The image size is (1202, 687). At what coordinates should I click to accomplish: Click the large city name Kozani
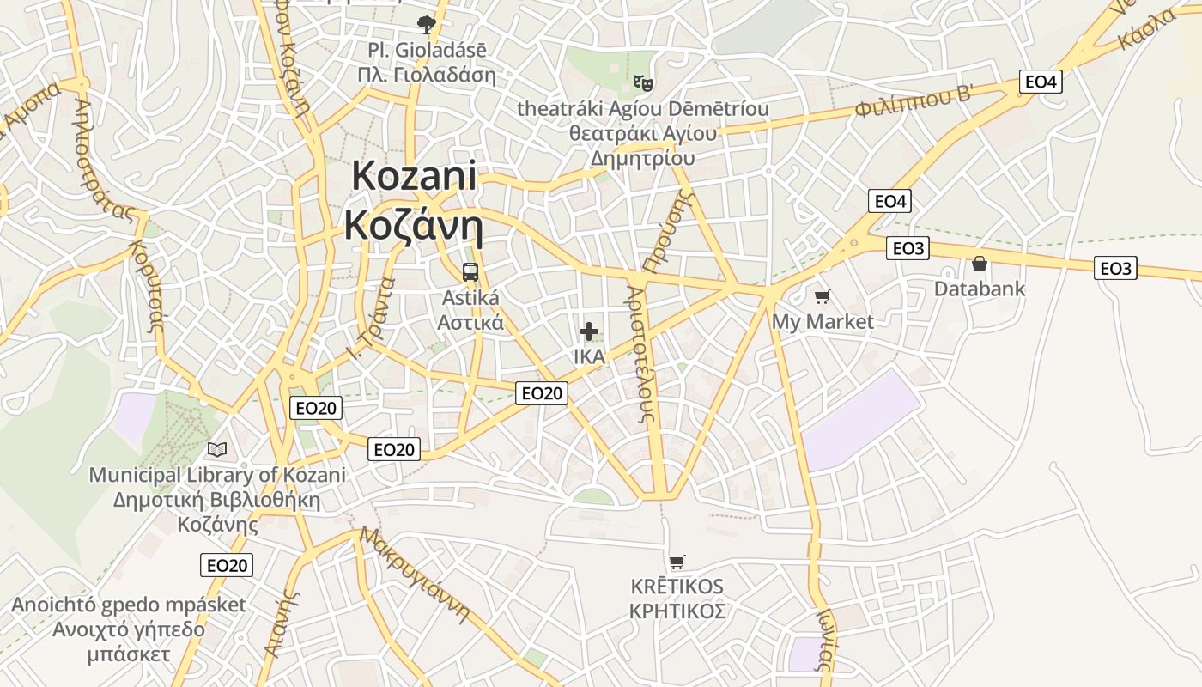[x=414, y=176]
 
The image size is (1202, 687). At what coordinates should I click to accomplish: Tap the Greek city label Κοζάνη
[x=414, y=225]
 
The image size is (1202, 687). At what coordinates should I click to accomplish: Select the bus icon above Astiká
[x=470, y=272]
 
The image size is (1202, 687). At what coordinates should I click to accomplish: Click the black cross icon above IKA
[x=589, y=331]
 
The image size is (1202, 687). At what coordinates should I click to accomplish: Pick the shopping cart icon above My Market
[x=823, y=297]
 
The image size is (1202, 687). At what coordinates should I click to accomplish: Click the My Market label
[x=823, y=322]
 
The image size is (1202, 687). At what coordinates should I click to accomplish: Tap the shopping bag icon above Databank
[x=980, y=264]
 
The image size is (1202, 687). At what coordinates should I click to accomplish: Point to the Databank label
[x=980, y=289]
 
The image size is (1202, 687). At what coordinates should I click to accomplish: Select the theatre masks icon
[x=643, y=83]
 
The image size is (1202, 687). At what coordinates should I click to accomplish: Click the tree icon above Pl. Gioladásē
[x=426, y=24]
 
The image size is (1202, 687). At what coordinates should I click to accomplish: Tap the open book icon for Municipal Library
[x=217, y=449]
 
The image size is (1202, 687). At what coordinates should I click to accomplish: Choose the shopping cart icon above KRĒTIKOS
[x=677, y=562]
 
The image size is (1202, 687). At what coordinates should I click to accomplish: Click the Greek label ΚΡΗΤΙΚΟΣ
[x=677, y=611]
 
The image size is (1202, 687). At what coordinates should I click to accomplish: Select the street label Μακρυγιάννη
[x=416, y=574]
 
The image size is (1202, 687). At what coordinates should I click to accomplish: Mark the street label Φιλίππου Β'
[x=914, y=103]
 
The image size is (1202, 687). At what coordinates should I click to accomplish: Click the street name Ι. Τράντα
[x=373, y=317]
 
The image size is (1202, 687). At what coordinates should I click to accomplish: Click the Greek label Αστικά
[x=470, y=323]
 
